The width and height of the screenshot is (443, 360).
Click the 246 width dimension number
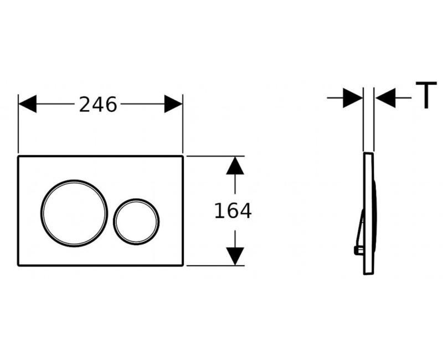click(98, 105)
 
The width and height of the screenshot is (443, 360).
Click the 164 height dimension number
click(233, 211)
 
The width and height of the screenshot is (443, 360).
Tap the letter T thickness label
click(426, 95)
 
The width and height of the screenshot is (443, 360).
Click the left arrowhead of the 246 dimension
click(27, 104)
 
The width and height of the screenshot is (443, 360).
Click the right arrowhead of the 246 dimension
click(173, 104)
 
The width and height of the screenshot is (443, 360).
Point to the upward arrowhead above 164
click(235, 166)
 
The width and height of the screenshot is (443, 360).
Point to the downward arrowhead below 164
click(235, 256)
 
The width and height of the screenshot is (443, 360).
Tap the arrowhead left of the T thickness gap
click(353, 98)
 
